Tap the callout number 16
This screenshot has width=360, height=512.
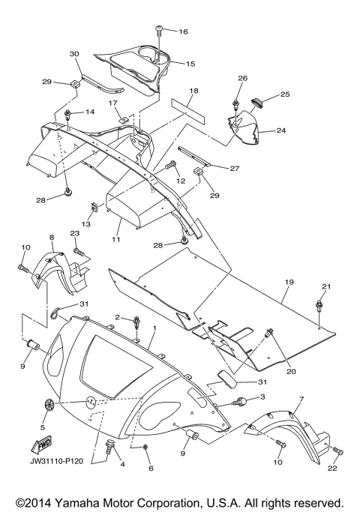coord(183,31)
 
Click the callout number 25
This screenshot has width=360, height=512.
coord(285,94)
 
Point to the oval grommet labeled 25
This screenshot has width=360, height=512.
coord(258,102)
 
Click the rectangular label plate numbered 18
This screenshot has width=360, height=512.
coord(188,112)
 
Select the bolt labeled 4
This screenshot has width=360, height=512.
coord(109,445)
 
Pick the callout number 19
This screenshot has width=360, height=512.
coord(289,282)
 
